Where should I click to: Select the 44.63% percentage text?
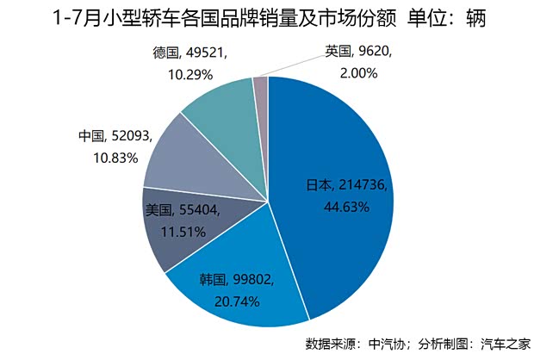[346, 207]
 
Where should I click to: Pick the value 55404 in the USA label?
[199, 209]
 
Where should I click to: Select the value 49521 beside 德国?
[208, 53]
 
